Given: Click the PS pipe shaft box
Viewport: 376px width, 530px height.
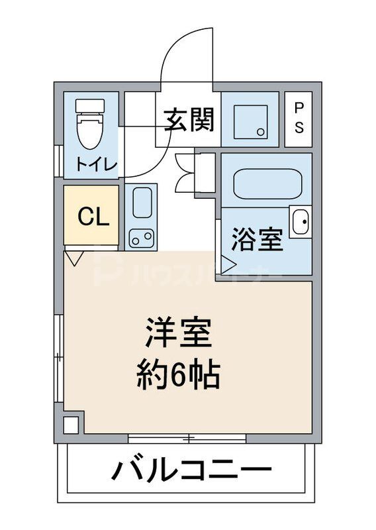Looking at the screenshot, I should point(299,119).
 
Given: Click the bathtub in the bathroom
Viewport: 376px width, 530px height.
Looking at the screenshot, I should point(269,183).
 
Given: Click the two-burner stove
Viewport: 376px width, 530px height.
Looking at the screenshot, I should point(141,237).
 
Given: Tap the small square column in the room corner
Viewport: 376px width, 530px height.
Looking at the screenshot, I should point(71,423).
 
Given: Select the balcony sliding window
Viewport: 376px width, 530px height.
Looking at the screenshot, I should point(187,438).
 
